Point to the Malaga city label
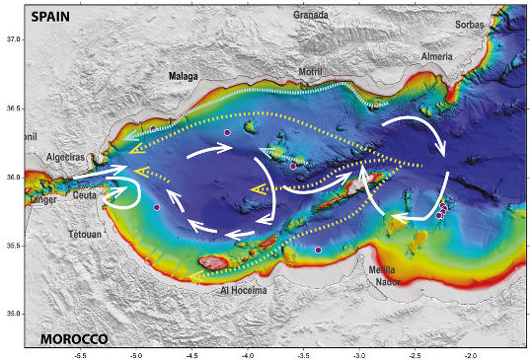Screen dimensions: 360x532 click(184, 76)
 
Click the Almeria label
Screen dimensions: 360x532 click(437, 57)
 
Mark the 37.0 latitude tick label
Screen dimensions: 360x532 click(14, 39)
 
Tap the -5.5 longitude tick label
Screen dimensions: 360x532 click(81, 352)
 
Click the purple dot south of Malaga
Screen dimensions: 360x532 click(227, 132)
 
